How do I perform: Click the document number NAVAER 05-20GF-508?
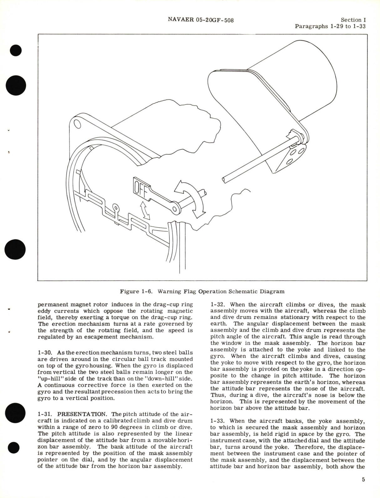[x=201, y=20]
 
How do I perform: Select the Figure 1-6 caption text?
[x=202, y=291]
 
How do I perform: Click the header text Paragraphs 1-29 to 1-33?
[x=330, y=26]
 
